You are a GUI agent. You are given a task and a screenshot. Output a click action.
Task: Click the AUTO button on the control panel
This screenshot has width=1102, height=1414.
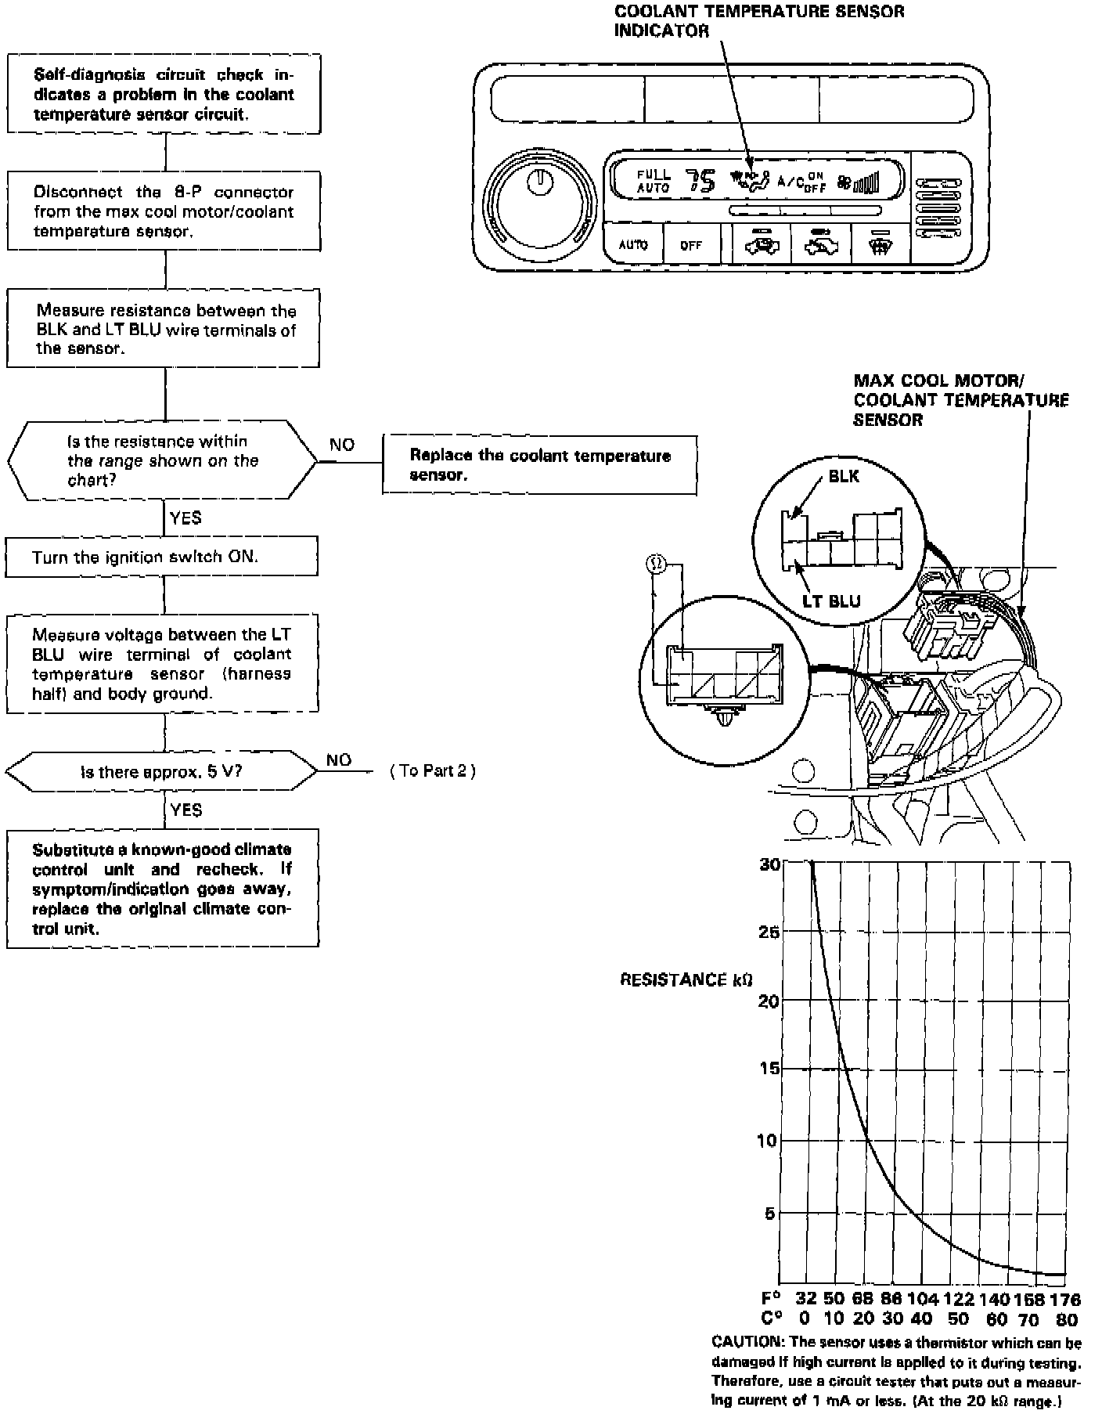(x=633, y=245)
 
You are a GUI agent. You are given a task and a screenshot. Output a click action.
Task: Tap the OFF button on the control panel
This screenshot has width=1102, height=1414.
(x=691, y=245)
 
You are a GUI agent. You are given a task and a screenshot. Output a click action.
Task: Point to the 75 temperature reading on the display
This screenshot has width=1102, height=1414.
(x=701, y=182)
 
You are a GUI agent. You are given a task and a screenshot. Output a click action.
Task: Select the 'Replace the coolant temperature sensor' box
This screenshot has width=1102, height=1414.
(x=539, y=465)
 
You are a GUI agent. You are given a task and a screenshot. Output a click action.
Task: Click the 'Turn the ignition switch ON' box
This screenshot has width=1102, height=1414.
(x=162, y=557)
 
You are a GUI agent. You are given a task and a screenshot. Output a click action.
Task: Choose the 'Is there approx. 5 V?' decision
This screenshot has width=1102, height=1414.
(x=162, y=771)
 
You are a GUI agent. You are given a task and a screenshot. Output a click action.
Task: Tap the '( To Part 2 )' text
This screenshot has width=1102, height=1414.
(x=433, y=770)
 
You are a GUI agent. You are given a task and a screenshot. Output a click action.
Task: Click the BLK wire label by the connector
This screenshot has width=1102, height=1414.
(x=843, y=476)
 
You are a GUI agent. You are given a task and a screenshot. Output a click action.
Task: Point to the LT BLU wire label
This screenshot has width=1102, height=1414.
(x=831, y=601)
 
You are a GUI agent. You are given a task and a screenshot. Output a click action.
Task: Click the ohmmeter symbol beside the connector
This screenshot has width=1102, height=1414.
(x=656, y=563)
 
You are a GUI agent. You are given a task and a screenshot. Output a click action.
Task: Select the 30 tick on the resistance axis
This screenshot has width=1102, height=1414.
(x=769, y=864)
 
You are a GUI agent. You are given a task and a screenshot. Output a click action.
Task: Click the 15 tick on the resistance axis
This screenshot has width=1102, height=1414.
(x=769, y=1068)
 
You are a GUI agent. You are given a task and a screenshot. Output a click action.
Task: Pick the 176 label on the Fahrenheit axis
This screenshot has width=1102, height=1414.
(x=1064, y=1300)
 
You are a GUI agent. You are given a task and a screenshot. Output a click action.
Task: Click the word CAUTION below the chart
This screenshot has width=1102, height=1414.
(x=747, y=1343)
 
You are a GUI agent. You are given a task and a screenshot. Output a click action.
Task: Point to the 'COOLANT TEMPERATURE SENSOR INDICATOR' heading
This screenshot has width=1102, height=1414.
(x=758, y=21)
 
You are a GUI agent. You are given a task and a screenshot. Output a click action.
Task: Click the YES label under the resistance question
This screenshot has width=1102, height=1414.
(x=185, y=518)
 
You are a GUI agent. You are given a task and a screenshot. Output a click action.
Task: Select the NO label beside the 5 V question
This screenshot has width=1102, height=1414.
(x=339, y=759)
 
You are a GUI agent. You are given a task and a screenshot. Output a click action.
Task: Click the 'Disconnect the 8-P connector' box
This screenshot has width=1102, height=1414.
(x=164, y=211)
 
